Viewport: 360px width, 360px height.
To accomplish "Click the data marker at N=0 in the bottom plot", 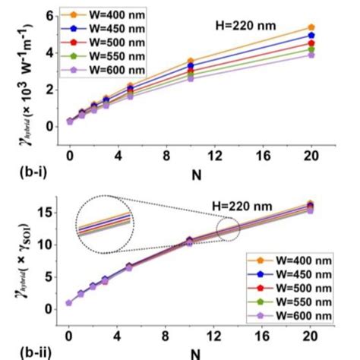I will pyautogui.click(x=69, y=302).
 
